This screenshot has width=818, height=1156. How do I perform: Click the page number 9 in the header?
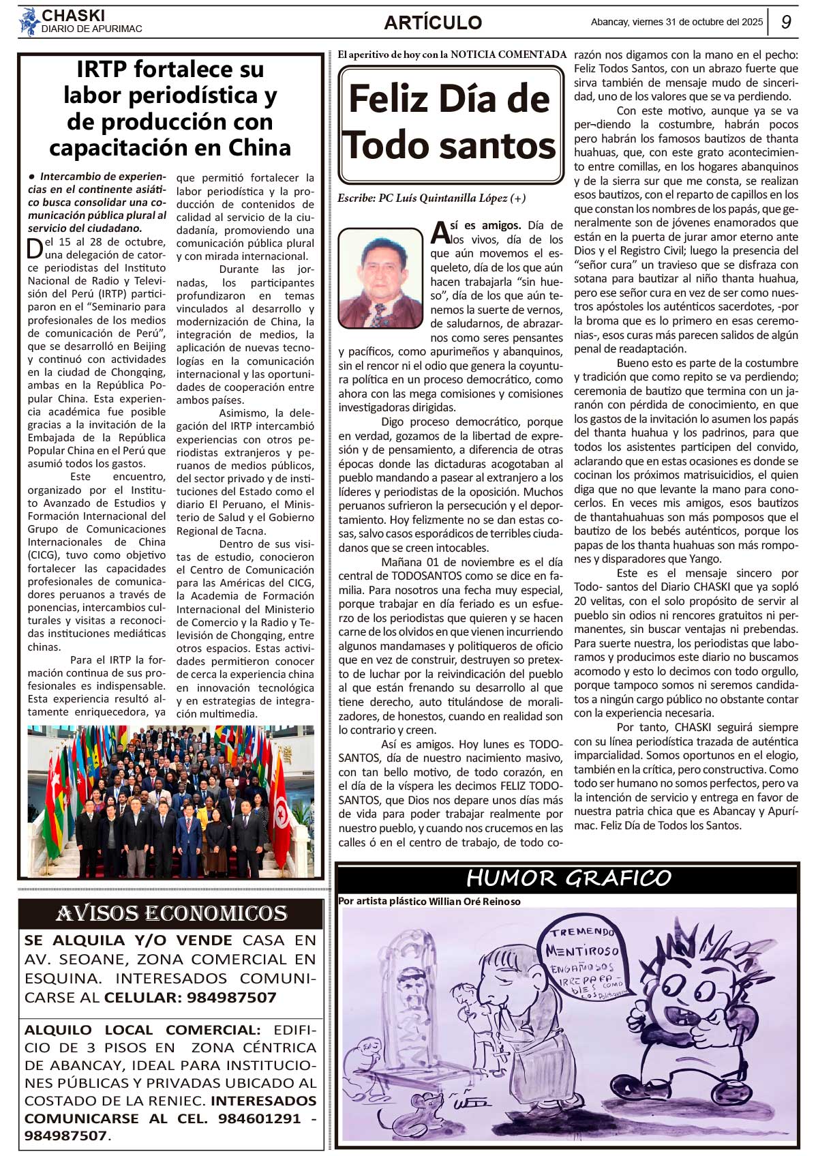click(786, 22)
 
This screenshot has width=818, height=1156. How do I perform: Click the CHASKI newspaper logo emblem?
click(29, 21)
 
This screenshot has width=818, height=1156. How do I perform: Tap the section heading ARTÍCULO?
click(433, 23)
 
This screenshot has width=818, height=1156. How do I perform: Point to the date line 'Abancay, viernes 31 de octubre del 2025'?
click(677, 22)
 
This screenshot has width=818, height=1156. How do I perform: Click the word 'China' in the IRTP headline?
click(260, 147)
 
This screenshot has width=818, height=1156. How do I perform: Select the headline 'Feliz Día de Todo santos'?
click(450, 123)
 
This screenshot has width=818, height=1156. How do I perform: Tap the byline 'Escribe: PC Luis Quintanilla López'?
click(431, 198)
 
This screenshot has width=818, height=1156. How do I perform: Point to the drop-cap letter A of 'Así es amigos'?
click(440, 232)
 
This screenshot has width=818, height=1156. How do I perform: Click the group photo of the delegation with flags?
click(170, 801)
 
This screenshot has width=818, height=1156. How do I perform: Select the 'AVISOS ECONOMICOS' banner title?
click(171, 913)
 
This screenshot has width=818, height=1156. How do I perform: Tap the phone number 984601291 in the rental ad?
click(259, 1118)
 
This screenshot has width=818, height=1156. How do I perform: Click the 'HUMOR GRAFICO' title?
click(568, 878)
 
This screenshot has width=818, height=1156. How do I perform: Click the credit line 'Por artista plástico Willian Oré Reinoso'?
click(429, 901)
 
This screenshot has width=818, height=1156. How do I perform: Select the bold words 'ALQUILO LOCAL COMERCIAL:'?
click(142, 1030)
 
